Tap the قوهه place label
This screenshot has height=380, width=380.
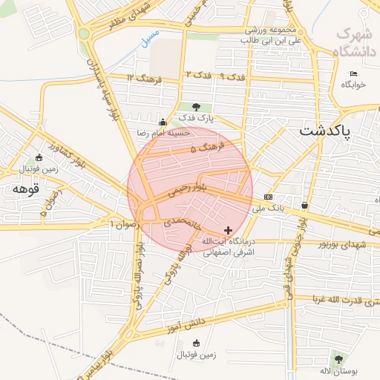[x=20, y=189]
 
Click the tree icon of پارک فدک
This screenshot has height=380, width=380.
[x=196, y=107]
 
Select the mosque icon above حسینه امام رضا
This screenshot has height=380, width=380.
[x=163, y=122]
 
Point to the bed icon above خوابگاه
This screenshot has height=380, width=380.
[x=353, y=73]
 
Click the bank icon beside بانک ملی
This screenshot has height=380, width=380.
[x=268, y=197]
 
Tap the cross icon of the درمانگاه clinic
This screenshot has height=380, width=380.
[x=228, y=230]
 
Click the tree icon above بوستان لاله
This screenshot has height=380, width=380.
[x=339, y=358]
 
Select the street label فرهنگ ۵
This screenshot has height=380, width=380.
[x=203, y=149]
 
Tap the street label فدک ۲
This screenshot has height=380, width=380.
[x=199, y=75]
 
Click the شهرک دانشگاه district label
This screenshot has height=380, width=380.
[x=353, y=42]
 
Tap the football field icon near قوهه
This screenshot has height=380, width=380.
[x=39, y=157]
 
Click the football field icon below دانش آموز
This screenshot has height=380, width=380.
[x=196, y=342]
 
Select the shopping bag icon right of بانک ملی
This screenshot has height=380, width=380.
[x=304, y=205]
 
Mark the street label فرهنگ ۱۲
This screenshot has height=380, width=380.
[x=142, y=77]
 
